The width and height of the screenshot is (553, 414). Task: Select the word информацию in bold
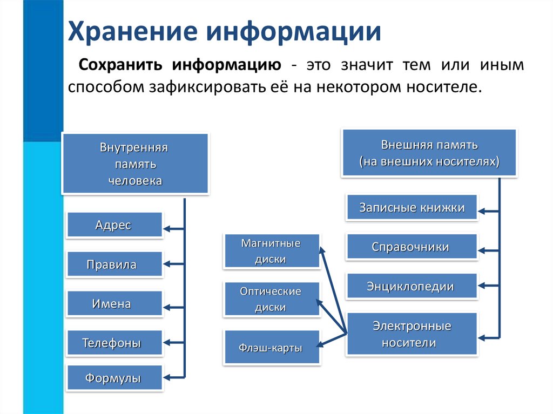pyautogui.click(x=227, y=65)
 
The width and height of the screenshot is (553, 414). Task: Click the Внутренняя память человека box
pyautogui.click(x=136, y=164)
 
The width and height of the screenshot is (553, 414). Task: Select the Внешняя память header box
pyautogui.click(x=429, y=153)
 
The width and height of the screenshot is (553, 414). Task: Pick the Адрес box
pyautogui.click(x=114, y=225)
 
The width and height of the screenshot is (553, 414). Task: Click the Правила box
pyautogui.click(x=114, y=264)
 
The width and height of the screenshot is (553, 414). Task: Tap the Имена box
pyautogui.click(x=114, y=303)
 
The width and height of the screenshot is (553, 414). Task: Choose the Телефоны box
pyautogui.click(x=114, y=342)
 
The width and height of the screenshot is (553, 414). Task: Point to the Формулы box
pyautogui.click(x=114, y=378)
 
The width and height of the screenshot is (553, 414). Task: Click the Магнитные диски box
pyautogui.click(x=272, y=251)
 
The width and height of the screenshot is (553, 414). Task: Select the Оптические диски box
pyautogui.click(x=272, y=299)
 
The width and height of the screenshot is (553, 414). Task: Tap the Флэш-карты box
pyautogui.click(x=272, y=348)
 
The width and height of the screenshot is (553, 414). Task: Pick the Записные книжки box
pyautogui.click(x=412, y=207)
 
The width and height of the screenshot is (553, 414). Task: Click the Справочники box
pyautogui.click(x=412, y=247)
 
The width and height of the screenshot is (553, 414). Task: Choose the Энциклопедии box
pyautogui.click(x=412, y=286)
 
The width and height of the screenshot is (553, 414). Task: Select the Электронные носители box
pyautogui.click(x=412, y=334)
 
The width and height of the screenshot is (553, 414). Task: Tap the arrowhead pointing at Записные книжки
pyautogui.click(x=481, y=211)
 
